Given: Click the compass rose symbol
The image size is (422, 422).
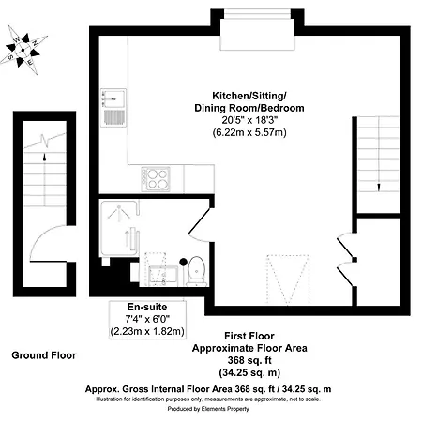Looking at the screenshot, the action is pyautogui.click(x=23, y=50).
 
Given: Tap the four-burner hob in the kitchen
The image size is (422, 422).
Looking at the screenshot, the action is pyautogui.click(x=156, y=179).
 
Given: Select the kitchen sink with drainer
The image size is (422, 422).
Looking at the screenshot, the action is pyautogui.click(x=113, y=108).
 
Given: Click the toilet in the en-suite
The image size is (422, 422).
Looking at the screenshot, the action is pyautogui.click(x=197, y=271).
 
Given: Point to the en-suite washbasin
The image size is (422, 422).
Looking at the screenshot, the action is pyautogui.click(x=163, y=276).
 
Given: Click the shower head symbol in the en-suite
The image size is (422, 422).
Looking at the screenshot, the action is pyautogui.click(x=119, y=213).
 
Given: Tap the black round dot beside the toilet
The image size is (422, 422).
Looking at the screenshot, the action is pyautogui.click(x=183, y=262).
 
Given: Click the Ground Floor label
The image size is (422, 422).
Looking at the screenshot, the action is pyautogui.click(x=44, y=355).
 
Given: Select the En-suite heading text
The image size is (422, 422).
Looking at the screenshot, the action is pyautogui.click(x=147, y=307).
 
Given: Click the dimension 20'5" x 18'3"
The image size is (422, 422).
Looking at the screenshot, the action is pyautogui.click(x=249, y=120).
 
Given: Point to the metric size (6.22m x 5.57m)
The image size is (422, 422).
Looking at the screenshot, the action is pyautogui.click(x=249, y=132).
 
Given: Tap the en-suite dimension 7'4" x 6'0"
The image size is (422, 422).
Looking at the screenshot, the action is pyautogui.click(x=147, y=319).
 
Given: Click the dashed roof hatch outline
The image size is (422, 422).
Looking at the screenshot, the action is pyautogui.click(x=288, y=279).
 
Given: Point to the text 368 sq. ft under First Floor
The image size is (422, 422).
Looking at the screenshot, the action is pyautogui.click(x=249, y=360).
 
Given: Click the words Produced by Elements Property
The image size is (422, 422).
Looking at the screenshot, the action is pyautogui.click(x=208, y=409).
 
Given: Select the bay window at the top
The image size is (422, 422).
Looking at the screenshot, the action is pyautogui.click(x=257, y=30).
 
